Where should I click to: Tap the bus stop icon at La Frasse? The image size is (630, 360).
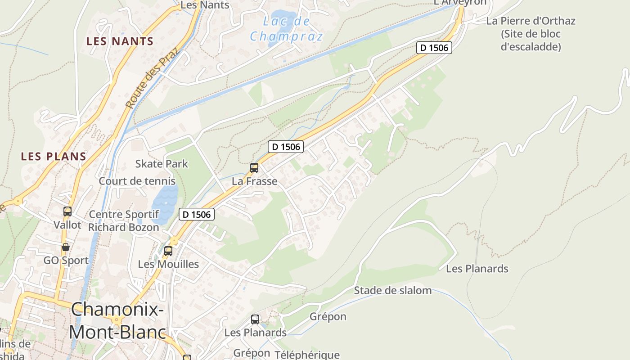pos(254,168)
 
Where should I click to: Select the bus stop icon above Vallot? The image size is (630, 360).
pos(67,211)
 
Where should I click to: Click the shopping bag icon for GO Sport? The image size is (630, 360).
pos(66,247)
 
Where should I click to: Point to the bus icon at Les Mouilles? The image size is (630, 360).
pos(168,251)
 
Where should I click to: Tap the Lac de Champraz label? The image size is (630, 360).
pos(286,28)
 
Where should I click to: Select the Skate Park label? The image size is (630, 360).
pos(162,164)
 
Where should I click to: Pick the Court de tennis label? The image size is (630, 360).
pos(137,181)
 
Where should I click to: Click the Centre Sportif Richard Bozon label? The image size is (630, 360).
pos(123,220)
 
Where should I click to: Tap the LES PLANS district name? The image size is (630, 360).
pos(54,157)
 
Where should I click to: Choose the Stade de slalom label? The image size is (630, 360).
pos(393,290)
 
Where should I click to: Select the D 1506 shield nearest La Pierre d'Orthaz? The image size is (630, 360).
pos(434,48)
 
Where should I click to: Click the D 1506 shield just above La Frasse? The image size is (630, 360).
pos(286,146)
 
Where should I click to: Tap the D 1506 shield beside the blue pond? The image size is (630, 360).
pos(197,214)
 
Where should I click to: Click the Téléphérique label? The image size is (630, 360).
pos(307,355)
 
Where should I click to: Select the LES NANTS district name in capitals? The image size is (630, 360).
pos(120,41)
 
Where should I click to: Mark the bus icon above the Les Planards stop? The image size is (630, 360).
pos(255,319)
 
